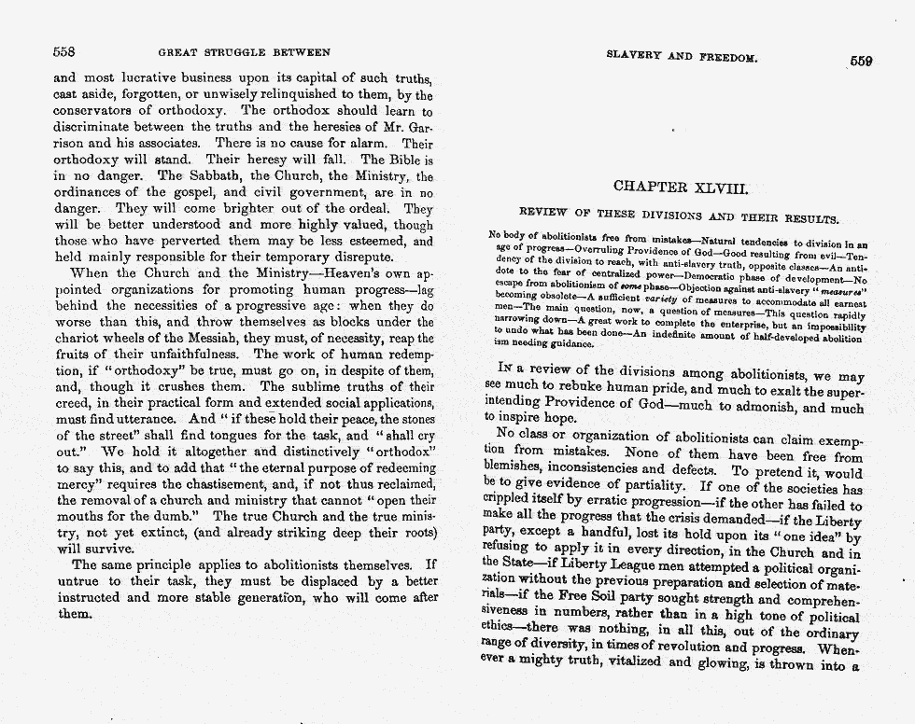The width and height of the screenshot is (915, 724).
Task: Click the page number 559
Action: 861,61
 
